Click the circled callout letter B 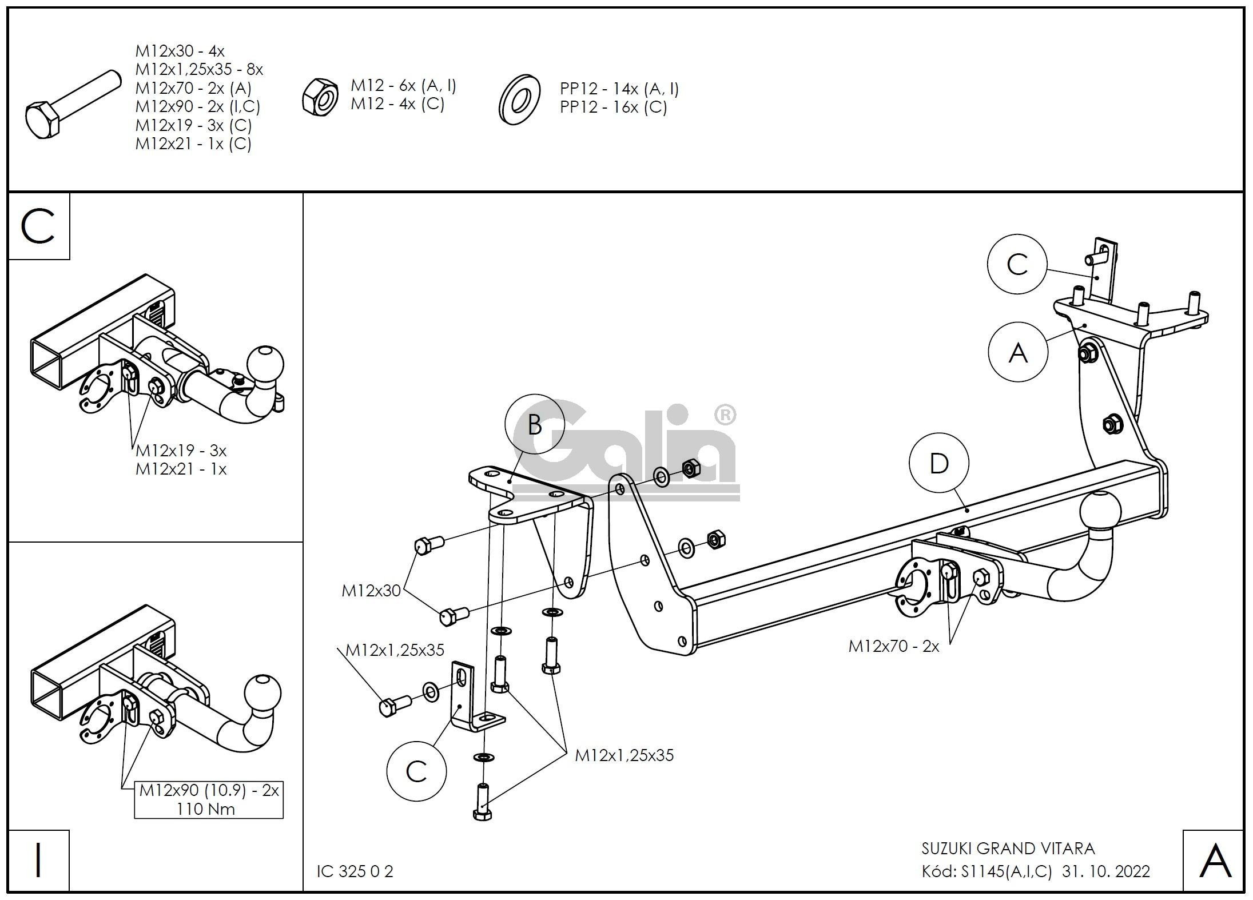pos(534,424)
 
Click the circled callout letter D pos(938,464)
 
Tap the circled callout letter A pos(1017,352)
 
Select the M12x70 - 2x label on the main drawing pos(893,646)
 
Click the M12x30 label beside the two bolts pos(371,591)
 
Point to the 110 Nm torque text pos(206,809)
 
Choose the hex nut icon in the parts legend pos(321,98)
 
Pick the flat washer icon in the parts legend pos(519,98)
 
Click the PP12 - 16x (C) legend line pos(613,107)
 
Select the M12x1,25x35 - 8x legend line pos(199,69)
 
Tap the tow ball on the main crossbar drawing pos(1100,511)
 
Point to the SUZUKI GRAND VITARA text pos(1008,849)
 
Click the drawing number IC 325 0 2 pos(355,871)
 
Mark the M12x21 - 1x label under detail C pos(181,469)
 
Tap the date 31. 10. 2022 pos(1105,871)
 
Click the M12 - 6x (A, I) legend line pos(403,86)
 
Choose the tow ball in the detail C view pos(264,364)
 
